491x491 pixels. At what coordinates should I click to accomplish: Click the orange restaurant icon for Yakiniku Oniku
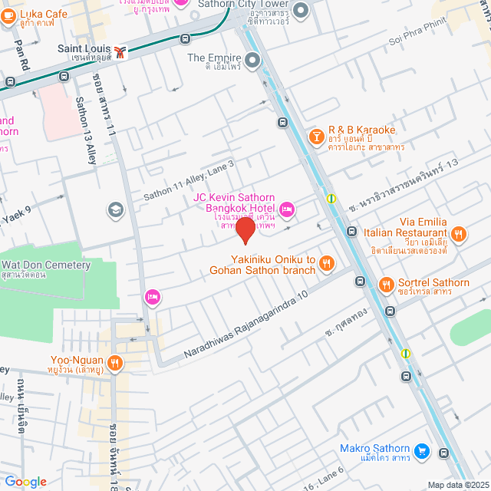click(x=327, y=264)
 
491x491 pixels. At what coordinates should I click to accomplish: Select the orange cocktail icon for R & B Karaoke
click(x=315, y=136)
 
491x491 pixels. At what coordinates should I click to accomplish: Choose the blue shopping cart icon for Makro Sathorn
click(x=420, y=450)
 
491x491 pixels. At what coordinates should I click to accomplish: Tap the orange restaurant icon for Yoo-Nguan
click(x=115, y=362)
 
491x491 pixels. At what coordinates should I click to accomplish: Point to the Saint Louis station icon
click(x=120, y=53)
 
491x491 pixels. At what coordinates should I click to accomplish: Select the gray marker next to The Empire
click(x=252, y=58)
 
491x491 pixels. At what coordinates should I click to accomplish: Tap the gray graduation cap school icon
click(x=116, y=209)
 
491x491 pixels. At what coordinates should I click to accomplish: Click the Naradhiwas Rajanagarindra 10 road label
click(x=245, y=327)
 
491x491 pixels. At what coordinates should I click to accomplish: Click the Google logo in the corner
click(x=25, y=482)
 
